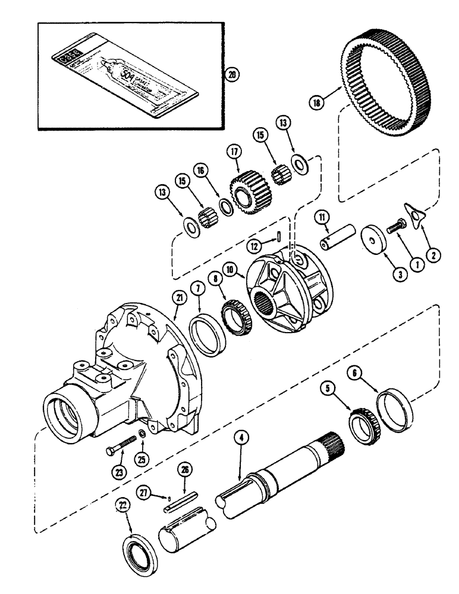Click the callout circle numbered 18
316,102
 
